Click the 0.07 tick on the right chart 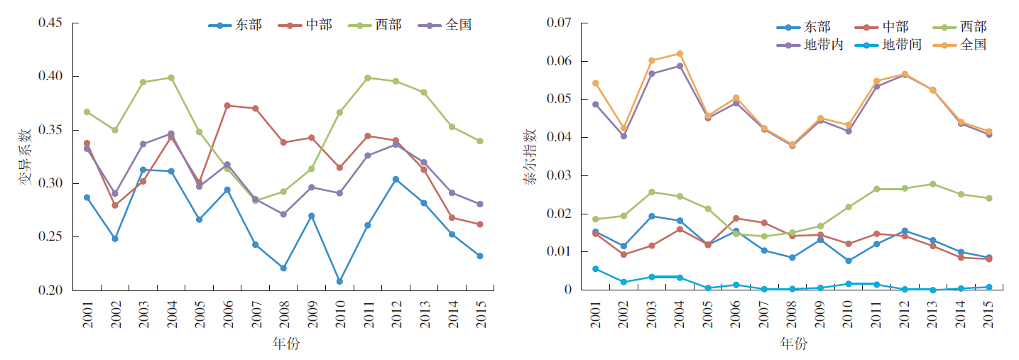pos(560,23)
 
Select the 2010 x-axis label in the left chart pos(340,311)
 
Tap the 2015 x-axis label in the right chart pos(988,311)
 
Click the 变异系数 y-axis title pos(25,157)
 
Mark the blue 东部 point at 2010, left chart pos(339,281)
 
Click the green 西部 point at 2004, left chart pos(171,77)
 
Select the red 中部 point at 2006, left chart pos(227,106)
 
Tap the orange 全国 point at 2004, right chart pos(680,53)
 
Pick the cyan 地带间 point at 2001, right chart pos(595,268)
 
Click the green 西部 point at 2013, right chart pos(932,184)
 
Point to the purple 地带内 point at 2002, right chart pos(623,136)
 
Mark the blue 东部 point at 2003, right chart pos(651,216)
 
